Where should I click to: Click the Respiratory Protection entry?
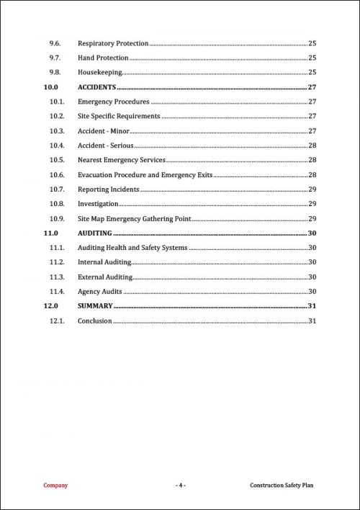(113, 43)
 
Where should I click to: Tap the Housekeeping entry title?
(100, 73)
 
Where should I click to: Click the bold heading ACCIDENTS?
(96, 87)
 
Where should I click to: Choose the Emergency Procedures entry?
(114, 102)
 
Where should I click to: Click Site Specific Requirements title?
(119, 116)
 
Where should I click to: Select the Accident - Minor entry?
(103, 131)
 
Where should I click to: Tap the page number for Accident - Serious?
(312, 146)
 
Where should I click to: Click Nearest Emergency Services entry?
(122, 160)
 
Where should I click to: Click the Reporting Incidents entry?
(109, 189)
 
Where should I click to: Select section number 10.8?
(58, 204)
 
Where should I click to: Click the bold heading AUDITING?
(94, 233)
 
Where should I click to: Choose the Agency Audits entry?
(100, 292)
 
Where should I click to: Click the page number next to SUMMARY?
(312, 306)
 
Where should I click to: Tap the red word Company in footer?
(56, 486)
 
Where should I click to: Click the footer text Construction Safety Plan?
(282, 486)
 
